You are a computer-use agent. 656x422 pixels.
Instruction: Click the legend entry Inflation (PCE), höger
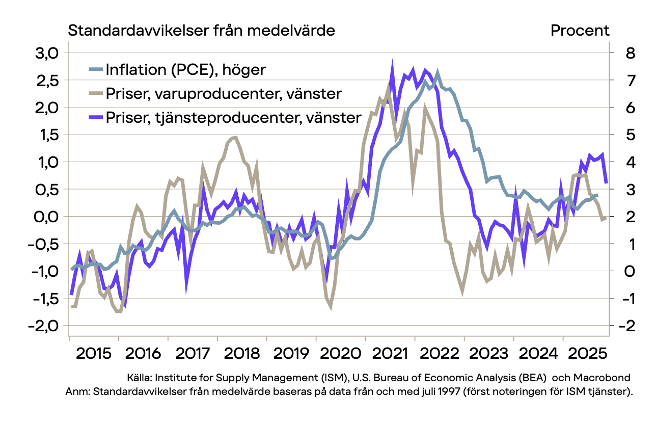tap(185, 69)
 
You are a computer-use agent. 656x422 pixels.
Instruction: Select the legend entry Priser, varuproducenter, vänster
tap(224, 94)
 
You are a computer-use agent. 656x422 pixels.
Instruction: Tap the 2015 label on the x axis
tap(93, 352)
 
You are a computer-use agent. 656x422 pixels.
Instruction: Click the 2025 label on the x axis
tap(587, 352)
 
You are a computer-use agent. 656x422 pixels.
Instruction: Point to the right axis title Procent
tap(580, 31)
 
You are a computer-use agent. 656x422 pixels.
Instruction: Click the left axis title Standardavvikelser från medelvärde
tap(202, 31)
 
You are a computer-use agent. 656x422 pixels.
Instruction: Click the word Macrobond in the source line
tap(602, 378)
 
